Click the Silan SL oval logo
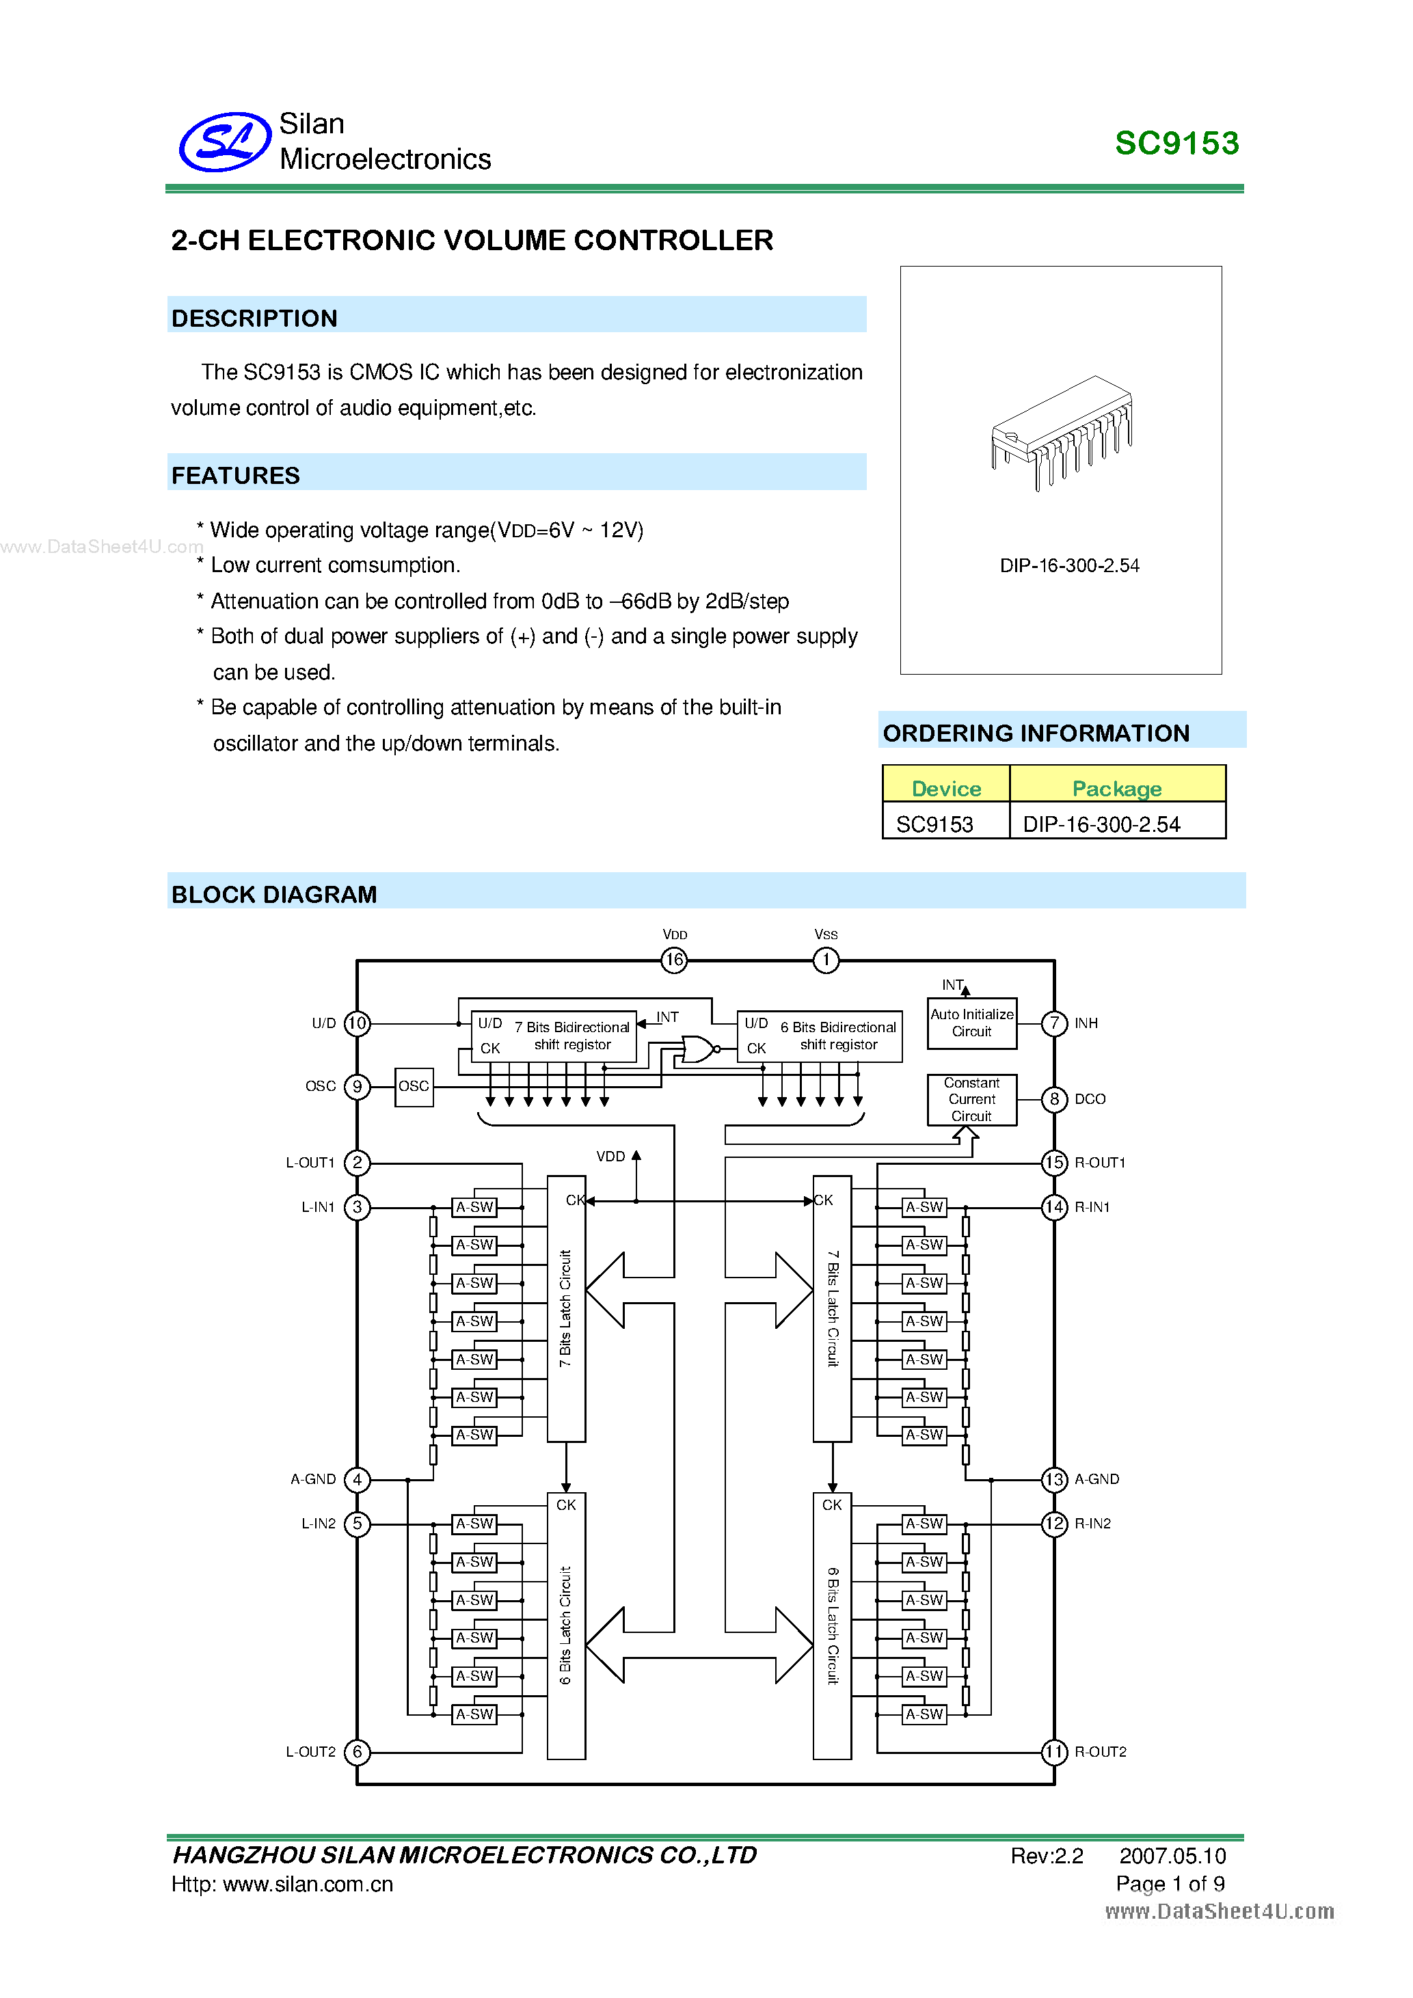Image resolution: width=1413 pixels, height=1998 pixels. click(224, 142)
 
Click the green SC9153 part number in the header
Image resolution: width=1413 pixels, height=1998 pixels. click(1176, 144)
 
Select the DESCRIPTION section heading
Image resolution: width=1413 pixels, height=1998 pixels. click(254, 319)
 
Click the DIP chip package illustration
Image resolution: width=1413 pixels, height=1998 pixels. click(1062, 431)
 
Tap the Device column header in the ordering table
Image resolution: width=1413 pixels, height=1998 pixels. click(946, 787)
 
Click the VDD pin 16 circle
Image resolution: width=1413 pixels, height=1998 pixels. click(674, 960)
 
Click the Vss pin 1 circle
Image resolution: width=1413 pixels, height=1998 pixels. click(826, 960)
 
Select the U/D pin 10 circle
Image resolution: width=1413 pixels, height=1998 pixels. click(358, 1023)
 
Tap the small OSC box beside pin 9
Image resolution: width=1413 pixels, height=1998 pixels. click(414, 1086)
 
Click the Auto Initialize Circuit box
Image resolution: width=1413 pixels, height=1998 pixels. click(972, 1023)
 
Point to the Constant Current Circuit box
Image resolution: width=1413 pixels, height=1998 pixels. click(972, 1099)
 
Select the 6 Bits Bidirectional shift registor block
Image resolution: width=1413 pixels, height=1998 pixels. click(820, 1036)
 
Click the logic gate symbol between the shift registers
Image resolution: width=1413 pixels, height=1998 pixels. click(699, 1049)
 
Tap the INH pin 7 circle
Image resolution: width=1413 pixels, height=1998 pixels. click(1055, 1023)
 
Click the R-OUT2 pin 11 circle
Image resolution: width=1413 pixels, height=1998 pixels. click(1055, 1752)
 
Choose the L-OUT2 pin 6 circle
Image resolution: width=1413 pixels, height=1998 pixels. click(358, 1752)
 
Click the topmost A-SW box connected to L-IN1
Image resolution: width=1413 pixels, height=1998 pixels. click(475, 1207)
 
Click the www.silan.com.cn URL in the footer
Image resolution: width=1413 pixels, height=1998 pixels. click(308, 1884)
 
